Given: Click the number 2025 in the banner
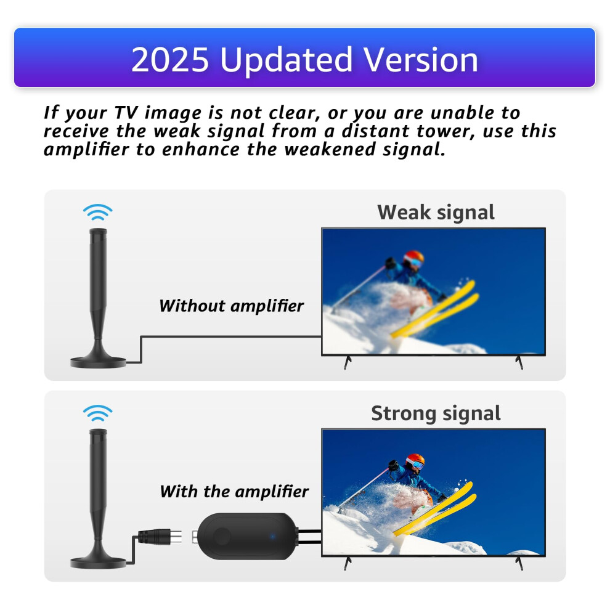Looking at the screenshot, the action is (x=170, y=60).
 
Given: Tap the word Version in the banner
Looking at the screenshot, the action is (x=421, y=60).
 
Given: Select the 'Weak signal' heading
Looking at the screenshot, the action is (x=436, y=213).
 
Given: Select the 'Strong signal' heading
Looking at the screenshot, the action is (x=436, y=413).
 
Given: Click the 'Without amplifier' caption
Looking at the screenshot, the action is (x=232, y=306).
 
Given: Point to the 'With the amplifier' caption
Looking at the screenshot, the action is (x=234, y=491).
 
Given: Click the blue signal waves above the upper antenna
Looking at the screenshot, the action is (x=97, y=213).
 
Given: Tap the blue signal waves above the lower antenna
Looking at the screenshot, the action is (x=97, y=413).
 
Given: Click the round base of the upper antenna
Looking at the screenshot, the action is (x=98, y=362).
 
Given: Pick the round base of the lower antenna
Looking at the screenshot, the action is (x=98, y=563).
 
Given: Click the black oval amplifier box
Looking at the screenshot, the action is (x=248, y=536).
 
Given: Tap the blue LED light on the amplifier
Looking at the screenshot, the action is (x=273, y=537).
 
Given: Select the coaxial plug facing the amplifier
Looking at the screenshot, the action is (x=160, y=537).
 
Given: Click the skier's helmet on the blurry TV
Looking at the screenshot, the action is (x=413, y=258).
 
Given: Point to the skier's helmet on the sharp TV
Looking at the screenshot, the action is (x=415, y=462).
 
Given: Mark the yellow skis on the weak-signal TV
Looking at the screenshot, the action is (x=434, y=309).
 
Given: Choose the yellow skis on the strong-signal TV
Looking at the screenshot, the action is (x=434, y=509).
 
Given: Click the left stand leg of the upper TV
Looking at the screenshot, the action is (x=348, y=362).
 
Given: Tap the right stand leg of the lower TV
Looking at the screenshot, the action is (x=519, y=563).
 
